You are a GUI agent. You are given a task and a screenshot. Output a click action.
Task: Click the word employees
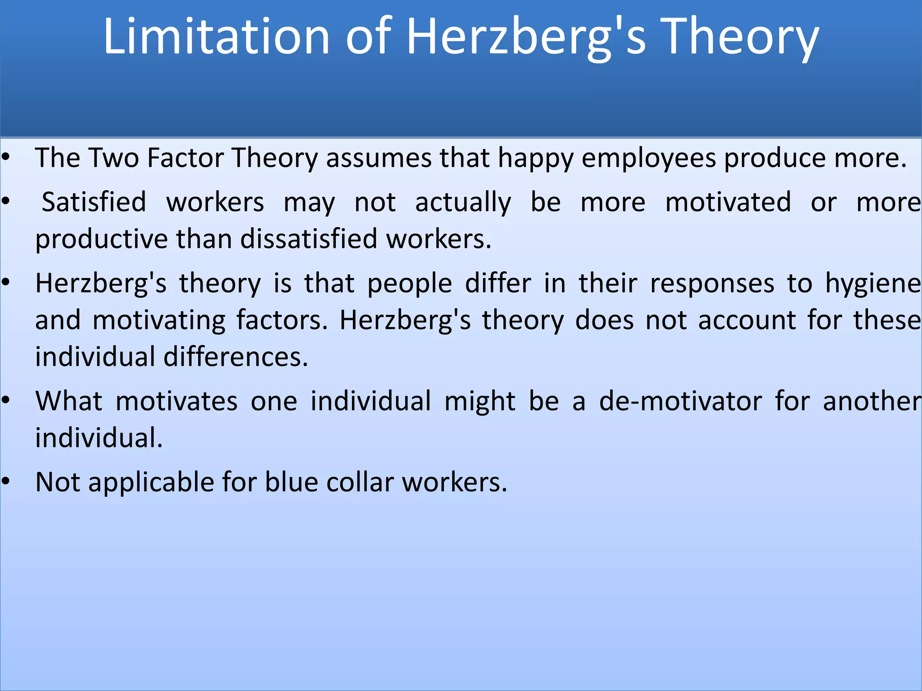(x=649, y=159)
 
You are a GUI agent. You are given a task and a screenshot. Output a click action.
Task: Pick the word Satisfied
(x=94, y=202)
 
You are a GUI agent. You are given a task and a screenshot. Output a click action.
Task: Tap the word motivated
(x=728, y=202)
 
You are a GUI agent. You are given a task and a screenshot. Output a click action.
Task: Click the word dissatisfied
(x=308, y=238)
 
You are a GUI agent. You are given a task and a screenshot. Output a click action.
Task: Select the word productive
(x=101, y=239)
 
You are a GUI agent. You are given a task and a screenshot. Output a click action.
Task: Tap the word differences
(x=235, y=357)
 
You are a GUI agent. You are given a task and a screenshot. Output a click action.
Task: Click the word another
(x=872, y=401)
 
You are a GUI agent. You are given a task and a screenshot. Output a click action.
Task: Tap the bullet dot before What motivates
(x=5, y=400)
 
